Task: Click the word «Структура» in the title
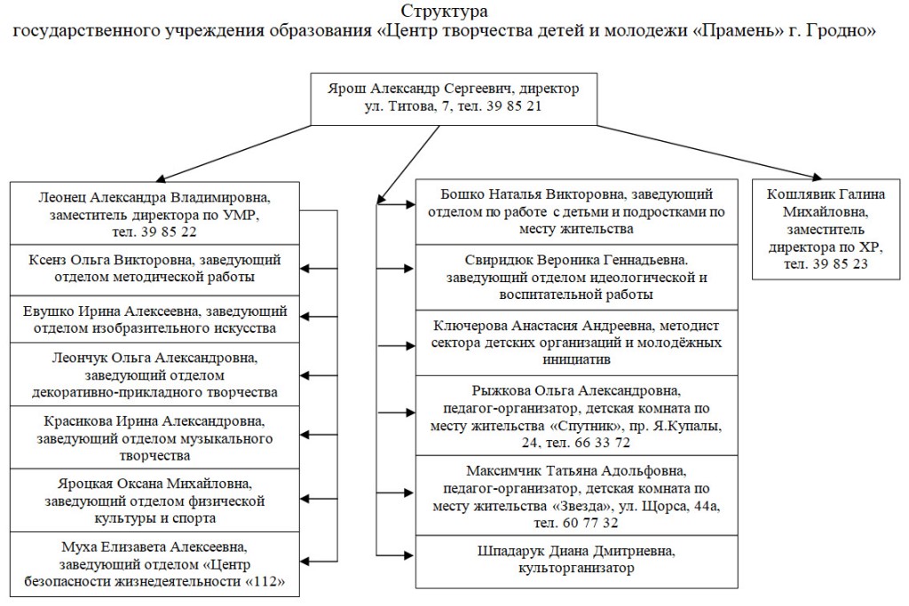[x=444, y=11]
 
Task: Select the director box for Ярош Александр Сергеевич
[x=454, y=99]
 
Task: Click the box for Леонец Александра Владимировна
[x=154, y=213]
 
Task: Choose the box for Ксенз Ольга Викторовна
[x=154, y=270]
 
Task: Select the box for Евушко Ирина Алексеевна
[x=154, y=319]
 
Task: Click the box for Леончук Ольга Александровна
[x=154, y=374]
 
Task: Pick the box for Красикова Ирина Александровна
[x=154, y=437]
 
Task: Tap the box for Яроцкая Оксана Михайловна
[x=154, y=500]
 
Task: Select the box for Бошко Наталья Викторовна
[x=577, y=211]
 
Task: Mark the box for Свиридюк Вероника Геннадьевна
[x=577, y=277]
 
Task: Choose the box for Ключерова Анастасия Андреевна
[x=577, y=342]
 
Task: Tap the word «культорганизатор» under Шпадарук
[x=576, y=568]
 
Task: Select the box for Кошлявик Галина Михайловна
[x=826, y=230]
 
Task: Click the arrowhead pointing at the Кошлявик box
[x=818, y=177]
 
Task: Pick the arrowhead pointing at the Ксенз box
[x=305, y=268]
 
